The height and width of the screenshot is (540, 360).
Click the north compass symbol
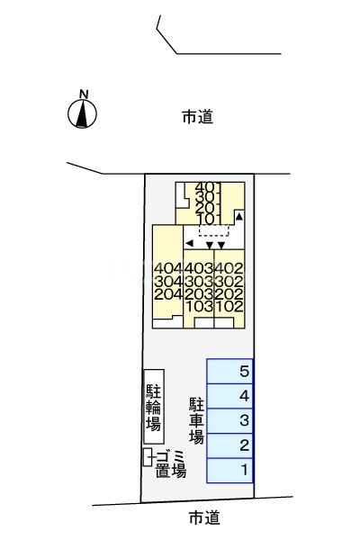coord(83,112)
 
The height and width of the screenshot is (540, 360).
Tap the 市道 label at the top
coord(197,116)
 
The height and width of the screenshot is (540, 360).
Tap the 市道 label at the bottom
coord(203,517)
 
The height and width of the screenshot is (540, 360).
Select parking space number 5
coord(230,371)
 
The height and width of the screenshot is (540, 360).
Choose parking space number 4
coord(230,396)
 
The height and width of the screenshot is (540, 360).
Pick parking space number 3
coord(230,420)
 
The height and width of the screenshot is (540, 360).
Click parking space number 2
coord(230,445)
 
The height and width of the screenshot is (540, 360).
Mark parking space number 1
coord(230,470)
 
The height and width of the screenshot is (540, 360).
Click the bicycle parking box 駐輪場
coord(154,406)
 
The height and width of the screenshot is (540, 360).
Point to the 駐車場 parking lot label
coord(197,418)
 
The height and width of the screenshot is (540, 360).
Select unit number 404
coord(168,268)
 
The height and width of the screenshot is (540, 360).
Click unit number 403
coord(199,268)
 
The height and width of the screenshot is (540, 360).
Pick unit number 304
coord(168,281)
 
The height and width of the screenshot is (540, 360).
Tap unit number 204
coord(168,293)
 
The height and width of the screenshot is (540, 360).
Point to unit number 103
coord(199,306)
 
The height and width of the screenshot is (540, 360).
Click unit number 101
coord(208,220)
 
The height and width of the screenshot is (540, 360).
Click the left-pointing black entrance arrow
coord(189,243)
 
